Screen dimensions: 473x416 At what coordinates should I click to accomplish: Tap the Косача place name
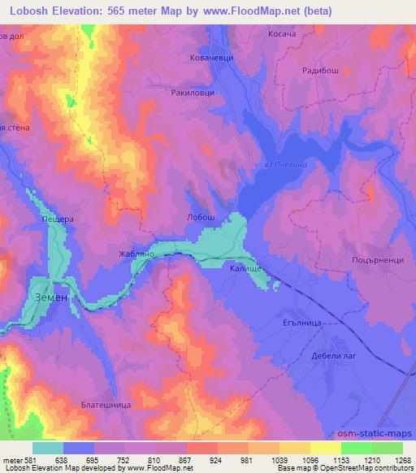[x=284, y=35]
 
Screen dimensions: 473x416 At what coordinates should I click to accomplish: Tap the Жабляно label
[x=130, y=254]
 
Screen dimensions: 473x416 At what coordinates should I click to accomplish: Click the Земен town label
[x=51, y=298]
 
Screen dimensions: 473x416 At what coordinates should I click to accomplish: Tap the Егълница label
[x=301, y=323]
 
